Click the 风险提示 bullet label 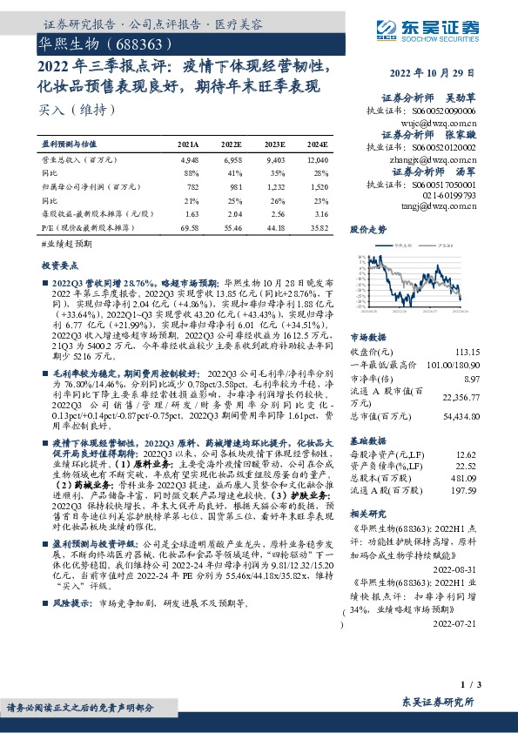point(68,602)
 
